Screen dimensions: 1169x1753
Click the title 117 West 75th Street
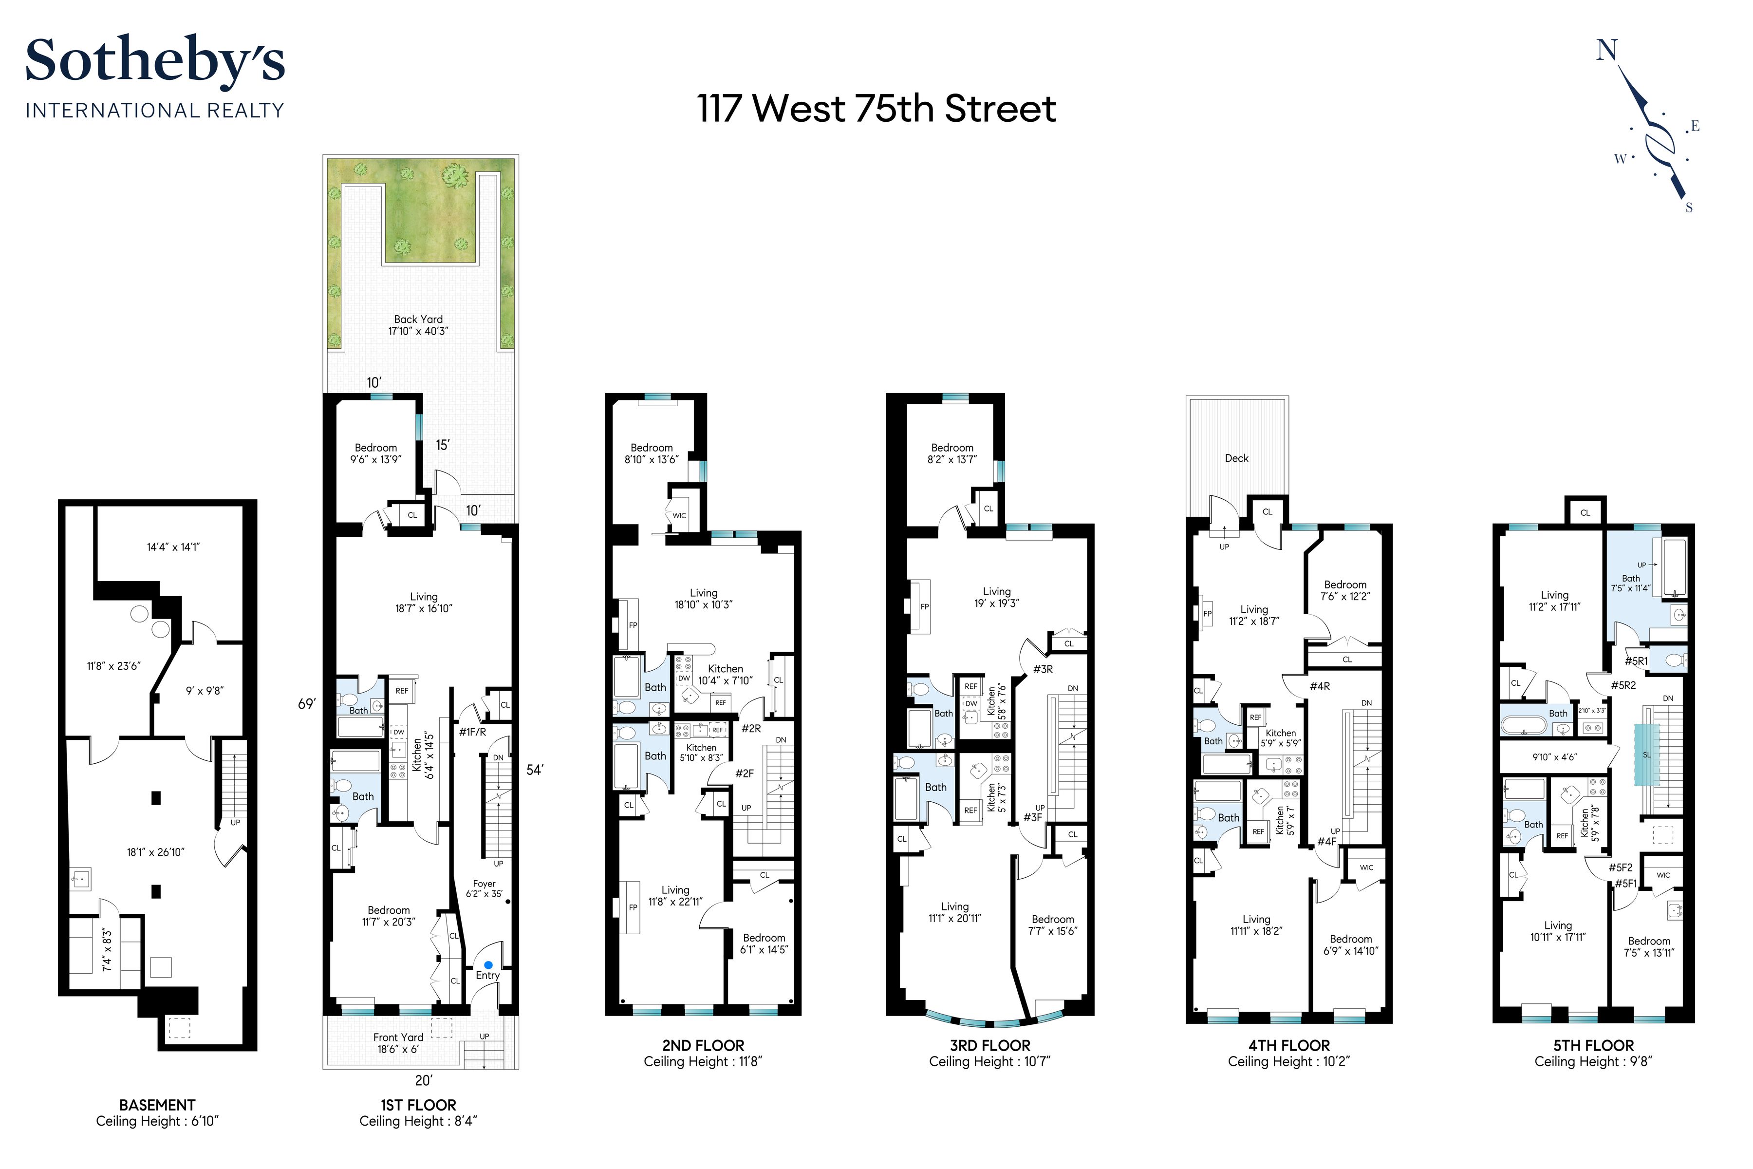click(876, 109)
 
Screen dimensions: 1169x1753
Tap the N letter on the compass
click(1606, 51)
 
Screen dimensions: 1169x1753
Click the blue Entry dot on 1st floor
click(488, 965)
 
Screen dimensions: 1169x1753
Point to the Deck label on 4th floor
click(1236, 458)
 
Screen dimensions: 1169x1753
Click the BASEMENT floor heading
click(157, 1105)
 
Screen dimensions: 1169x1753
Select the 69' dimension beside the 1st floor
click(306, 704)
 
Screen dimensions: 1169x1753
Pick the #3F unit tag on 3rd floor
click(1032, 818)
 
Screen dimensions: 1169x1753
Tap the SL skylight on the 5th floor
click(1646, 754)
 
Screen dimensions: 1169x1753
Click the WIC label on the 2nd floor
click(679, 516)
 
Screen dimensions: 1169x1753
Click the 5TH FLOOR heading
click(1593, 1046)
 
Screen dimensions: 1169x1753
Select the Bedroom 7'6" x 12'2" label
click(1345, 590)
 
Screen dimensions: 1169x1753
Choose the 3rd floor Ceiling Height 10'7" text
click(990, 1062)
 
